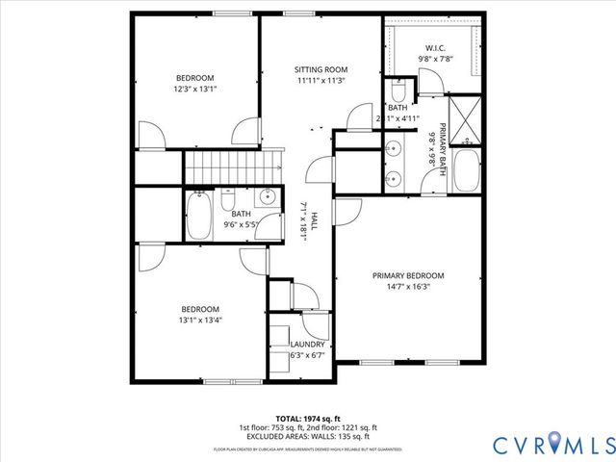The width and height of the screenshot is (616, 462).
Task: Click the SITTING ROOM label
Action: click(x=320, y=69)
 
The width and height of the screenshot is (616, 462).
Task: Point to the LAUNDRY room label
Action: click(x=308, y=344)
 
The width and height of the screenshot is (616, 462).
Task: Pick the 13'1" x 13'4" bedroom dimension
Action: click(x=200, y=321)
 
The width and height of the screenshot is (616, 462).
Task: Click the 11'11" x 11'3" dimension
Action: click(x=320, y=81)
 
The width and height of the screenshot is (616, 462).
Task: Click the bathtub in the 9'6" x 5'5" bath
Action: click(x=199, y=218)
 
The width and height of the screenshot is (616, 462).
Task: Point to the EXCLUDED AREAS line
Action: click(x=308, y=435)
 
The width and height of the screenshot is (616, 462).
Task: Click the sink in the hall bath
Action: click(x=267, y=200)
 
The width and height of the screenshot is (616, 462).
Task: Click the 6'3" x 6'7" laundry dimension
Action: click(x=308, y=355)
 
